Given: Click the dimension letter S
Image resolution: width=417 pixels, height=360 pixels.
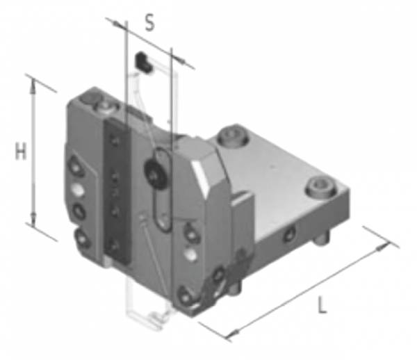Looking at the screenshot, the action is pos(149,24).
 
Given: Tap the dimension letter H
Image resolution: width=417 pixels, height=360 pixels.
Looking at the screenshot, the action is pos(21,151).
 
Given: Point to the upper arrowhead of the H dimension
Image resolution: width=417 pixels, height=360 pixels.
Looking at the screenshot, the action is pos(33,85).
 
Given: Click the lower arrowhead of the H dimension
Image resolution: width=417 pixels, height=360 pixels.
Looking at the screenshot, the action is pos(33,218).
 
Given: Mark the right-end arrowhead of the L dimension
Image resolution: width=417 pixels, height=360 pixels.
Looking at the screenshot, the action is pos(384,246).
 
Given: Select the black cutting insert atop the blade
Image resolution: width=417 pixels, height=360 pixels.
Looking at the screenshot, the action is pos(144,61).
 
